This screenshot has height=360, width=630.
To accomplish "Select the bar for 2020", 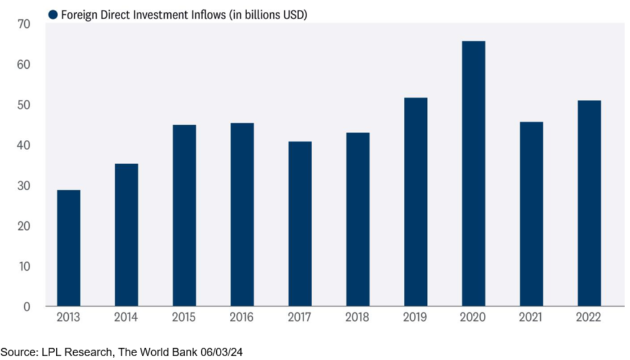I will point(473,173).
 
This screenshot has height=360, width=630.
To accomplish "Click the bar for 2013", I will point(68,248).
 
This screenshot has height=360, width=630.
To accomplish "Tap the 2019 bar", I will point(415,202).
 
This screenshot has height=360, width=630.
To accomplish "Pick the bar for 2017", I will point(300,224).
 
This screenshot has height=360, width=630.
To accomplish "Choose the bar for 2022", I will point(588,203).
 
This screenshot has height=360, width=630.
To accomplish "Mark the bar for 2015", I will point(184,216).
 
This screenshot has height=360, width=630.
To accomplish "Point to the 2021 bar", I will point(531,214).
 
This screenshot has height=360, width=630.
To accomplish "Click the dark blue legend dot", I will point(53,14).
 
